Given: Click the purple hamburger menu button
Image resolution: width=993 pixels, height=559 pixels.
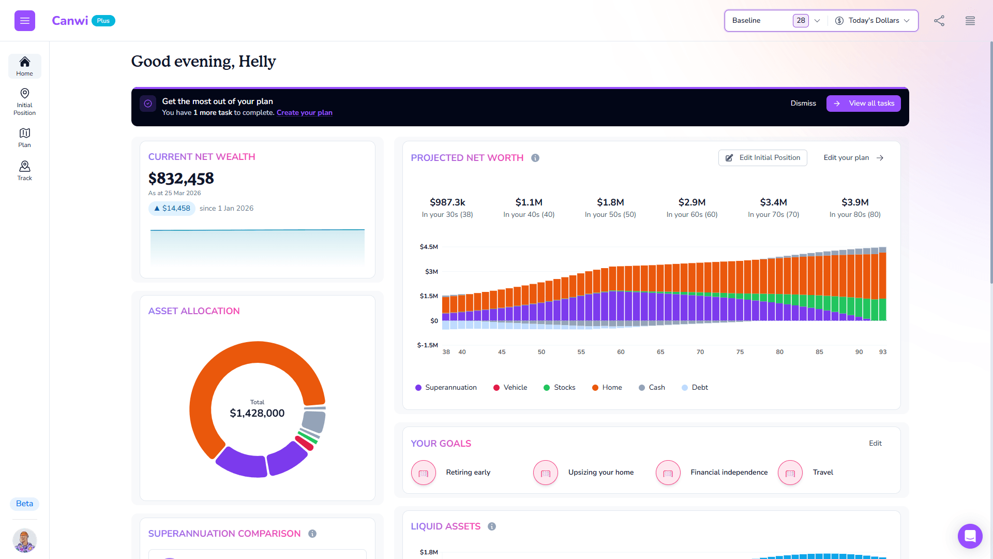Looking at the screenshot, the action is click(25, 21).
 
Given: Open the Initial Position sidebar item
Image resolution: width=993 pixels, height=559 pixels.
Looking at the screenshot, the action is click(24, 101).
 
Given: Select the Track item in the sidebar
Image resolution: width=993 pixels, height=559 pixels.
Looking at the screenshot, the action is click(24, 170).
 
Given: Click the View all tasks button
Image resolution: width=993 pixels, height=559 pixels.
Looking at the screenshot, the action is click(863, 104).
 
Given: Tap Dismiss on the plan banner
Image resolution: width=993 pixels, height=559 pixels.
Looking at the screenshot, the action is click(803, 104).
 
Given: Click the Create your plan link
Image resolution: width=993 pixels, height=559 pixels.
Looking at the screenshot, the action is click(305, 113).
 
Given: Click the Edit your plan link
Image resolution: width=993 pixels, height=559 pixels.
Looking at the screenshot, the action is click(853, 158).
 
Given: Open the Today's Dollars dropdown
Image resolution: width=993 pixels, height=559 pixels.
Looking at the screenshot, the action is click(872, 21).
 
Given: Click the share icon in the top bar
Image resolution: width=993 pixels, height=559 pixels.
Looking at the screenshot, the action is click(939, 21).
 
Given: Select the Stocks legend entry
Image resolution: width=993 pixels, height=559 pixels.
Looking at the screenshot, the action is click(559, 388).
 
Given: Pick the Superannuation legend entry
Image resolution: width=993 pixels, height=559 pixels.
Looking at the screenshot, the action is click(446, 388).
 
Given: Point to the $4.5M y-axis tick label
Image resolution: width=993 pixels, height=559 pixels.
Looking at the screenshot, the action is click(429, 247).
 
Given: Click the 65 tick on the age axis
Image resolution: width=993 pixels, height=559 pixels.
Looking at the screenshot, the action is click(660, 352).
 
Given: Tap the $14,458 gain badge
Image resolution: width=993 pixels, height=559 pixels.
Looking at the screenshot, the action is click(172, 209).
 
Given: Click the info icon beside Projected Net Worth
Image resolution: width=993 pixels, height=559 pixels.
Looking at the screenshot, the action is click(535, 158).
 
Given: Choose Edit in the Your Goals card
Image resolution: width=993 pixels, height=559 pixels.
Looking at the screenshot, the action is click(875, 444).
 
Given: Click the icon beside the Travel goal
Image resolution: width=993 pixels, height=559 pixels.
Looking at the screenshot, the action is click(790, 473).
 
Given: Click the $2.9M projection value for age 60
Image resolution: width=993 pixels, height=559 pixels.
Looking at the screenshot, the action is click(692, 202).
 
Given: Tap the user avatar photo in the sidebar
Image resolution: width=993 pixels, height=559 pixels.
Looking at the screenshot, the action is click(24, 541).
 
